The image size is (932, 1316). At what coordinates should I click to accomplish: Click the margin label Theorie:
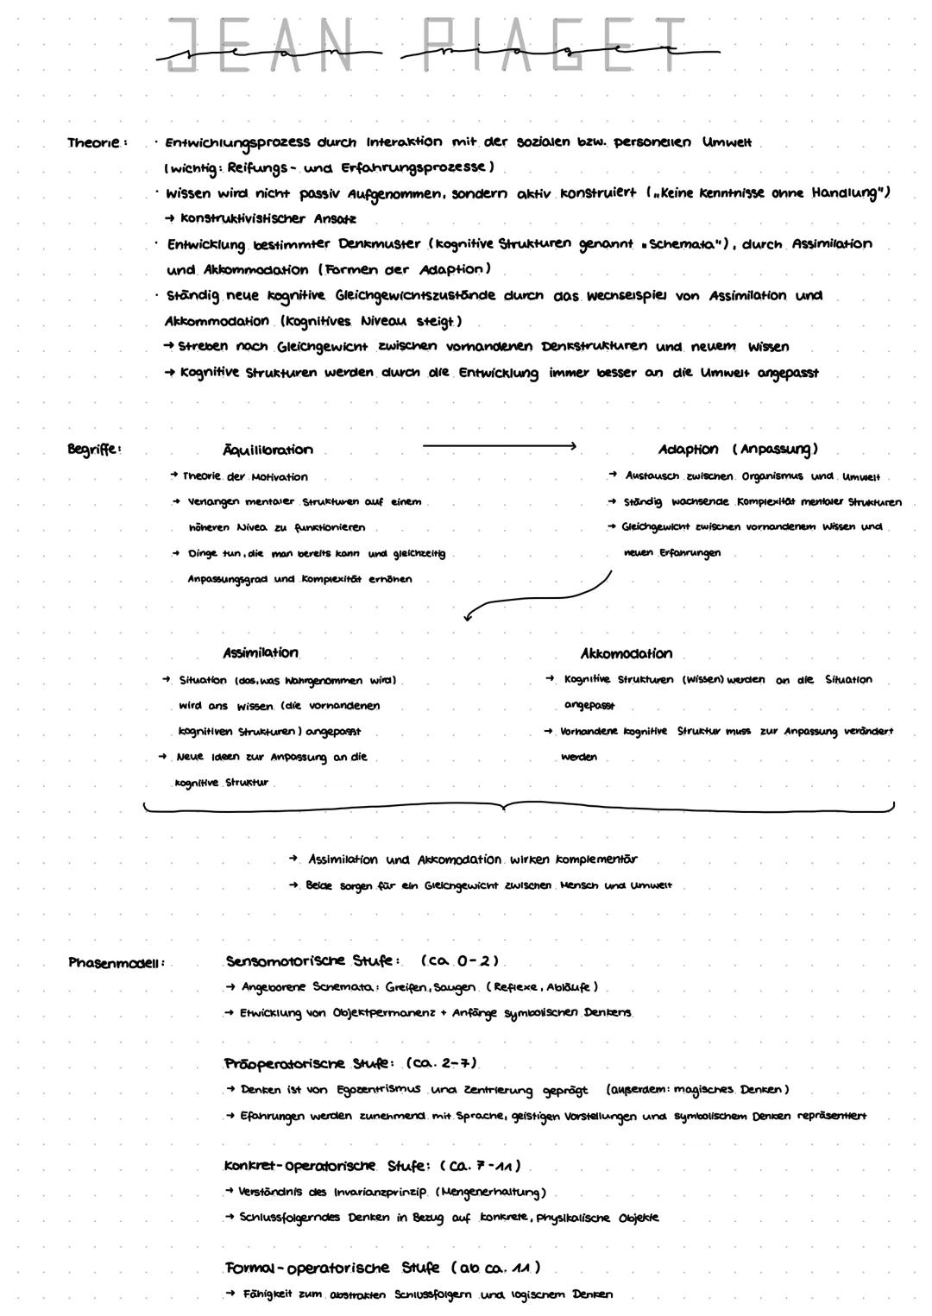tap(98, 142)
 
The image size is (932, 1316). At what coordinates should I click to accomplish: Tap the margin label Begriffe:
tap(94, 449)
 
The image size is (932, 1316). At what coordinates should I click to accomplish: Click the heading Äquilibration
tap(268, 450)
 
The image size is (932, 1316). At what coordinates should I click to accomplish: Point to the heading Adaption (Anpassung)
tap(737, 449)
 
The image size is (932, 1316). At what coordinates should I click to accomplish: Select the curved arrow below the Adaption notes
tap(535, 595)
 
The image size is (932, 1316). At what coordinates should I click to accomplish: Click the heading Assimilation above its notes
tap(261, 653)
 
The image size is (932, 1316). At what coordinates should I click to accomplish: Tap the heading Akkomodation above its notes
tap(626, 653)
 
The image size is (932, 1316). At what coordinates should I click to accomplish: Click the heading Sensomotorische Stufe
tap(312, 961)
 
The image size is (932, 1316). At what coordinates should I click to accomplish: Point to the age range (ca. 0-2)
tap(460, 961)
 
